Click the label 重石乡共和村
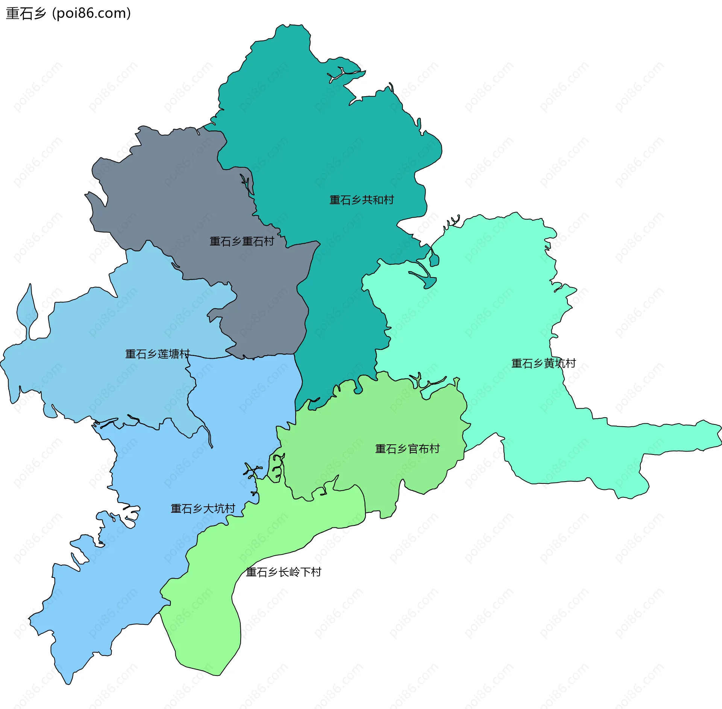point(361,200)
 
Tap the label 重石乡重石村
point(241,241)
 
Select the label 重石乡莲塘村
point(157,354)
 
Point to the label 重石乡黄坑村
point(543,364)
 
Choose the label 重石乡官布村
point(407,449)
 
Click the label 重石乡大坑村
point(203,509)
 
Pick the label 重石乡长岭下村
point(284,572)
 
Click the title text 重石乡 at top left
point(26,14)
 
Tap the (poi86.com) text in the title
point(91,14)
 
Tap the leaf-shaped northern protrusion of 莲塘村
point(27,308)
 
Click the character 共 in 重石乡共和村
point(367,200)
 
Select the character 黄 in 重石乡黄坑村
point(549,364)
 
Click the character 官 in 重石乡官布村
point(413,449)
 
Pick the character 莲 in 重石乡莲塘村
point(163,354)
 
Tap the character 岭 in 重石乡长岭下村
point(294,572)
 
